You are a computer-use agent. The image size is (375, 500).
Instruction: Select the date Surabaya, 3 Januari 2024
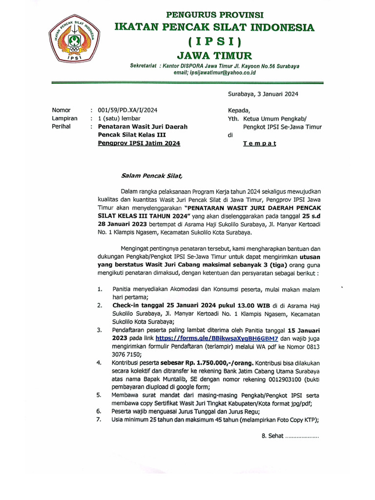coord(263,94)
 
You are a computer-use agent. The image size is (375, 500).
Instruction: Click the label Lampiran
coord(65,118)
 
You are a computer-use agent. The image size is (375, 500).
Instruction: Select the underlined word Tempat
coord(260,143)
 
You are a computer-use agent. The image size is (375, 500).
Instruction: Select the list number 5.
coord(99,395)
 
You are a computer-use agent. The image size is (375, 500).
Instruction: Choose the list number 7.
coord(99,419)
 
